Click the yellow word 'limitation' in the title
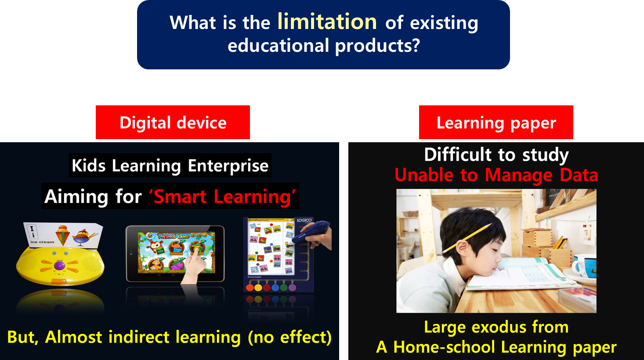coord(327,22)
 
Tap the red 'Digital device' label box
coord(173,122)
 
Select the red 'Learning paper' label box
coord(496,122)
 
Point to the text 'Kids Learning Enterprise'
coord(170,166)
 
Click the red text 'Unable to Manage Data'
coord(496,175)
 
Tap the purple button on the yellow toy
coord(59,265)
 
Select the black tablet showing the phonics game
coord(175,253)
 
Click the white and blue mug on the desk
coord(584,266)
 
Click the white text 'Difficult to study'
coord(496,155)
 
